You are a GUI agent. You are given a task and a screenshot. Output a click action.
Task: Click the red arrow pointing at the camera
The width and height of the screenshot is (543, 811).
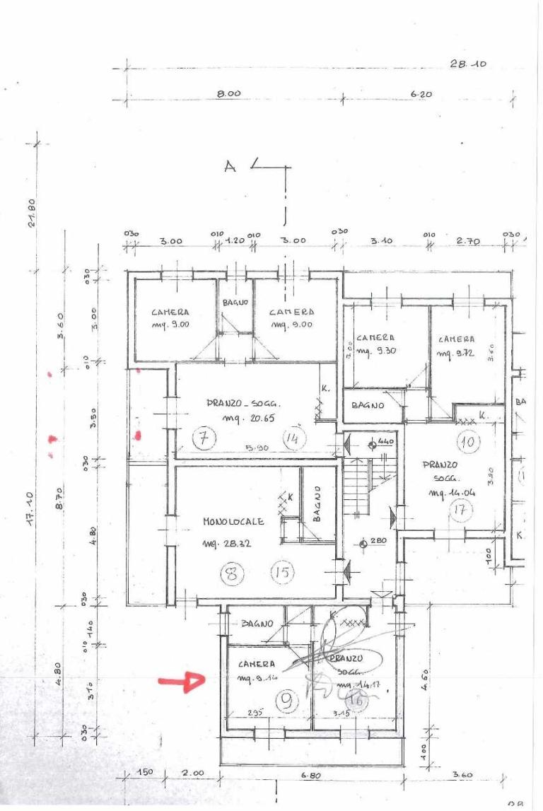tap(181, 682)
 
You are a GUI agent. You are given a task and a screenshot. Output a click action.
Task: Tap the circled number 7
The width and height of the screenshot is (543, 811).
tap(204, 439)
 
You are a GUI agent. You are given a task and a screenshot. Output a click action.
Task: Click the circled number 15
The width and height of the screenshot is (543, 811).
tap(282, 572)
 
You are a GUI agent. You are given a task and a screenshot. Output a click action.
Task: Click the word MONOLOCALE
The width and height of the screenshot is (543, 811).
tap(233, 522)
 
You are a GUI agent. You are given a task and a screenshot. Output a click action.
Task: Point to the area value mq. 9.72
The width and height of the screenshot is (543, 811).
tap(457, 352)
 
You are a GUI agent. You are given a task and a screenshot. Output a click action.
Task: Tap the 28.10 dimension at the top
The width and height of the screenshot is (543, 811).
tap(468, 64)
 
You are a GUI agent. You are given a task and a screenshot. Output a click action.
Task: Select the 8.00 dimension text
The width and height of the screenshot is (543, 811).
tap(229, 93)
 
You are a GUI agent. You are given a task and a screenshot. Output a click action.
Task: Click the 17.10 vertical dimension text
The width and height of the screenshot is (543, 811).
tap(33, 526)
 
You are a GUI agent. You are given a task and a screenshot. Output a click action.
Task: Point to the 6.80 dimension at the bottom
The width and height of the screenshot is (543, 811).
tap(311, 776)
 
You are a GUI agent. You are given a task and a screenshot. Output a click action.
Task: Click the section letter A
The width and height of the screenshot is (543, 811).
tap(229, 166)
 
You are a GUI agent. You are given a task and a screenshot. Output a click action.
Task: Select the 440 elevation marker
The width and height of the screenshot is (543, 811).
tap(386, 441)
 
